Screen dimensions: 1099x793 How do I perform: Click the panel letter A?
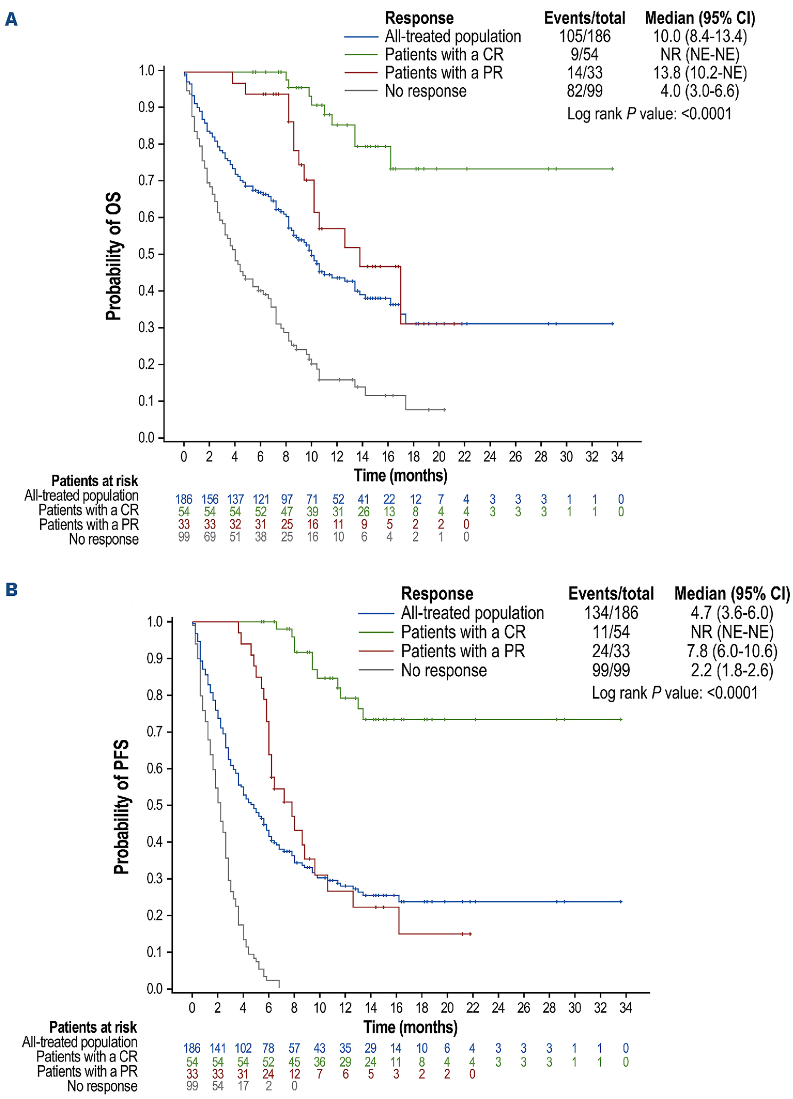coord(11,19)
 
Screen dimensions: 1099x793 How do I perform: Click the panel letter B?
coord(11,590)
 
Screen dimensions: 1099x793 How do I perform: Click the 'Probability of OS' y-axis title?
coord(113,256)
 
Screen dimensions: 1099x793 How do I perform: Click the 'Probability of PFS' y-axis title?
coord(121,807)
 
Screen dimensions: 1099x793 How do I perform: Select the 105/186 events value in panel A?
coord(585,37)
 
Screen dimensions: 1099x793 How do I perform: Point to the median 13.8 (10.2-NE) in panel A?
coord(699,73)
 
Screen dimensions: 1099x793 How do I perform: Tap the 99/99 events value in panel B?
coord(611,670)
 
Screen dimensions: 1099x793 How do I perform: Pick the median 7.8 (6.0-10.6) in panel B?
coord(731,651)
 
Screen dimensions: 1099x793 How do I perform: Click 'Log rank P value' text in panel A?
coord(649,114)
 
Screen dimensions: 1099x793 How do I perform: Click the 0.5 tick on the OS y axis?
coord(147,254)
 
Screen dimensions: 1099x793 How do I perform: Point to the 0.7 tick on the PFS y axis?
coord(155,731)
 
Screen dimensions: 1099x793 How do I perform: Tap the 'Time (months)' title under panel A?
coord(400,475)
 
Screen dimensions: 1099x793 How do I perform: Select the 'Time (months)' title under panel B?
coord(410,1027)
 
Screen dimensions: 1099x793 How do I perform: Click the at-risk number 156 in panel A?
coord(210,499)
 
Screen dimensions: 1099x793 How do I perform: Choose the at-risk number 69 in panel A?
coord(210,537)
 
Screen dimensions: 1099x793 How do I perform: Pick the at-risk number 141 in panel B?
coord(218,1048)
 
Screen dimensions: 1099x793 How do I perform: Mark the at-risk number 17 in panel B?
coord(243,1086)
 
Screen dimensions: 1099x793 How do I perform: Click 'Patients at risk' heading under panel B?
coord(93,1027)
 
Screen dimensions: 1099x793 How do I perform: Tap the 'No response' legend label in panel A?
coord(426,91)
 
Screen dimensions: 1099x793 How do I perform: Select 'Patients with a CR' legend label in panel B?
coord(463,632)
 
